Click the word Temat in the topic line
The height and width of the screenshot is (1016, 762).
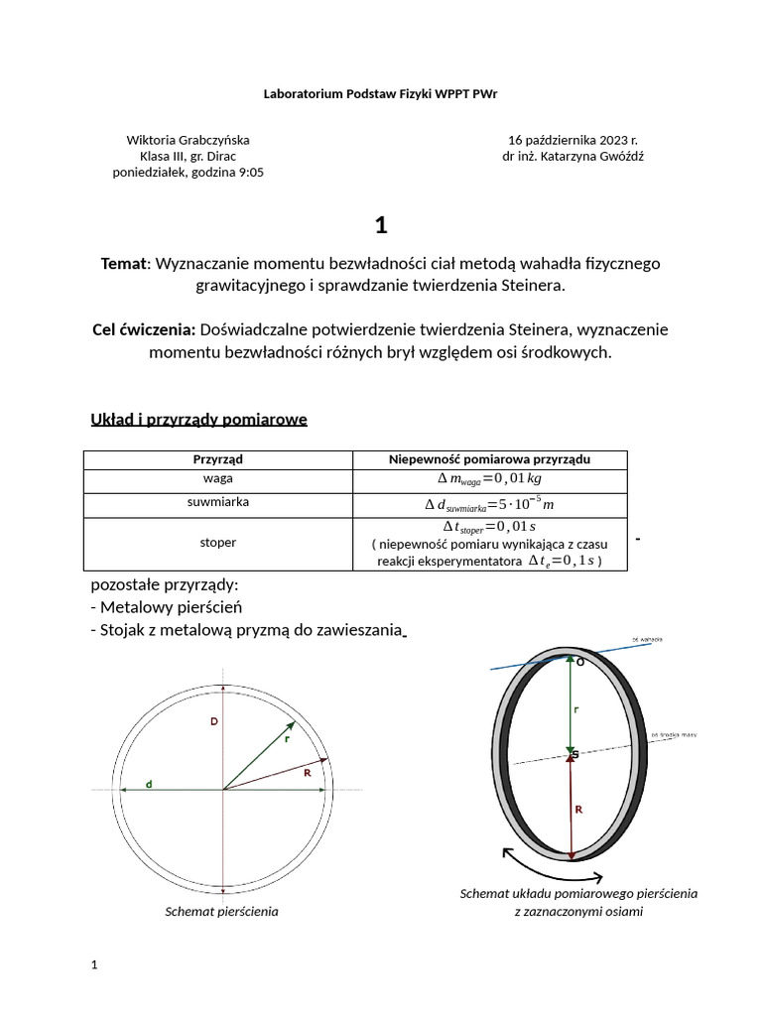point(123,263)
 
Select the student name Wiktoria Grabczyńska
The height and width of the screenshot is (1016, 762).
point(188,140)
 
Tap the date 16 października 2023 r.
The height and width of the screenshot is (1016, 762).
point(572,140)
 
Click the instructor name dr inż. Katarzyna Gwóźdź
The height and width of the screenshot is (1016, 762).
point(572,156)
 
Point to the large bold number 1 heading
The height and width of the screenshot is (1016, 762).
point(381,225)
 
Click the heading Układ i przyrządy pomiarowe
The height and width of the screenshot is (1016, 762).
point(198,419)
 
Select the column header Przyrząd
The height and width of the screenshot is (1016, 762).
point(217,459)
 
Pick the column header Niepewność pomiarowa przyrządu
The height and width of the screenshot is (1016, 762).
point(489,459)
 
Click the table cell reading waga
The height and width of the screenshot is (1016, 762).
point(217,478)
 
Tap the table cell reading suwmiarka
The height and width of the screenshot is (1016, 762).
point(217,502)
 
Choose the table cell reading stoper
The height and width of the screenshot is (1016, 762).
point(217,543)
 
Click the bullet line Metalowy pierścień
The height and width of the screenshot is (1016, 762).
point(169,606)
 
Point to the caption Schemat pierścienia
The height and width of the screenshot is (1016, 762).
point(221,911)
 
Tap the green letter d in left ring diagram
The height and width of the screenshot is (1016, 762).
point(149,784)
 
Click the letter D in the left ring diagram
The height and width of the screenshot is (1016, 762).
point(213,722)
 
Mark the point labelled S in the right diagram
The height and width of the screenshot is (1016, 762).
point(572,755)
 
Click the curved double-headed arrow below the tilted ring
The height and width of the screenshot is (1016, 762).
point(553,867)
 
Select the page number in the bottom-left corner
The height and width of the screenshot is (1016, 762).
point(94,964)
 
